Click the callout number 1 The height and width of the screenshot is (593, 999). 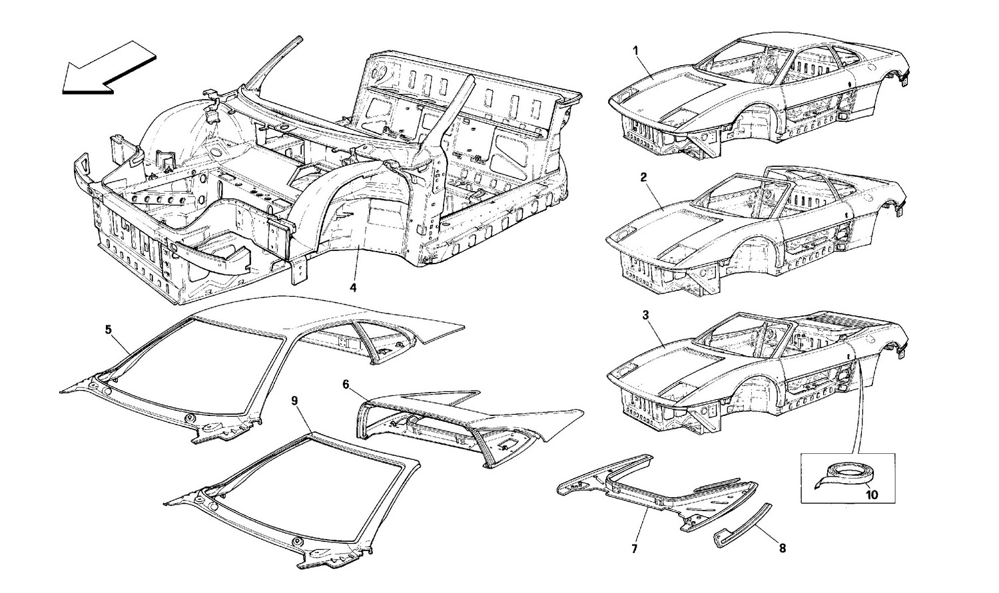tap(635, 50)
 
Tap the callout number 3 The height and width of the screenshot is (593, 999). tap(644, 315)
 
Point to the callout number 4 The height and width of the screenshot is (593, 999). tap(353, 288)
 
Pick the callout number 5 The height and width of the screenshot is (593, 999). tap(109, 329)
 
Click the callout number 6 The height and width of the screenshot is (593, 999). tap(346, 384)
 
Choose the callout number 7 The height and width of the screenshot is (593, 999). tap(634, 549)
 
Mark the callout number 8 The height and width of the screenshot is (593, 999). tap(782, 548)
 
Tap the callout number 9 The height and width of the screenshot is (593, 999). tap(295, 400)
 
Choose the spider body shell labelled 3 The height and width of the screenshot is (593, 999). tap(759, 369)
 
